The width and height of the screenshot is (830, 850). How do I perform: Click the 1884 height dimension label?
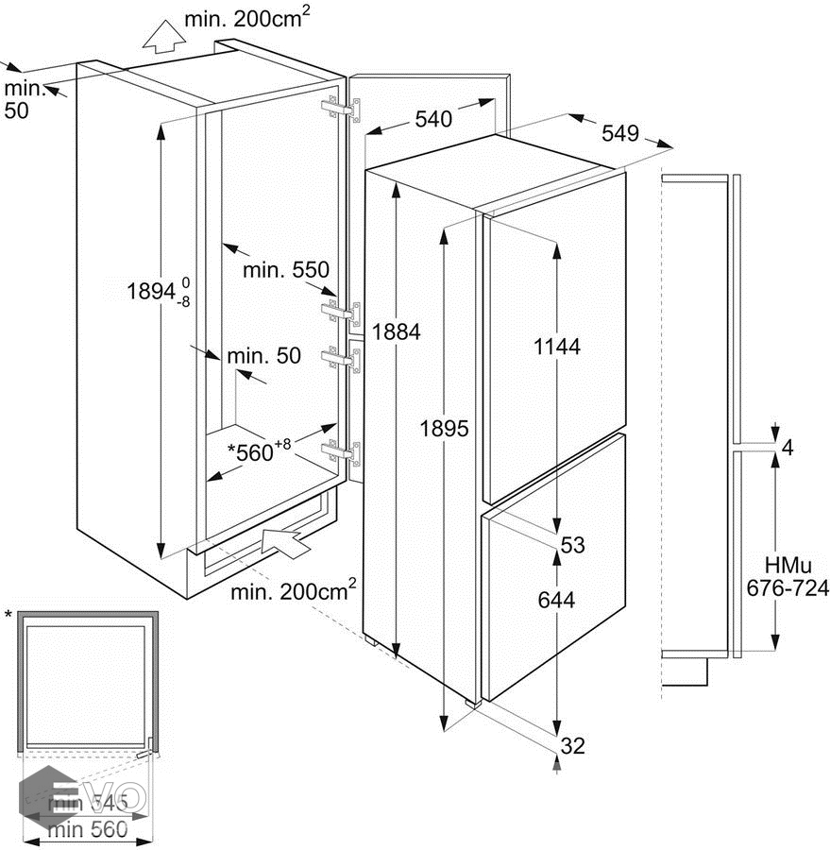[x=396, y=331]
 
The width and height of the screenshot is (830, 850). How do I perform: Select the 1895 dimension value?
[x=445, y=428]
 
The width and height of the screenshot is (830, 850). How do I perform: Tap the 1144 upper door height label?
[x=556, y=347]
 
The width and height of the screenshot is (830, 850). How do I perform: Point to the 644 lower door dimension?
[x=556, y=599]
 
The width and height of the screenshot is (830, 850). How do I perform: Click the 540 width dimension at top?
[x=432, y=119]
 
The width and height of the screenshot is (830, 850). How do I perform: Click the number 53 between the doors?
[x=572, y=545]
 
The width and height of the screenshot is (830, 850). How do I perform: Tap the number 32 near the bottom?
[x=572, y=746]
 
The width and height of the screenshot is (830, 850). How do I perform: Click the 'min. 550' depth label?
[x=285, y=270]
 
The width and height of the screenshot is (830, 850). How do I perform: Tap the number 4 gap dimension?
[x=788, y=448]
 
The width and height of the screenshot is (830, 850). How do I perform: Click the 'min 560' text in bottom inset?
[x=88, y=831]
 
